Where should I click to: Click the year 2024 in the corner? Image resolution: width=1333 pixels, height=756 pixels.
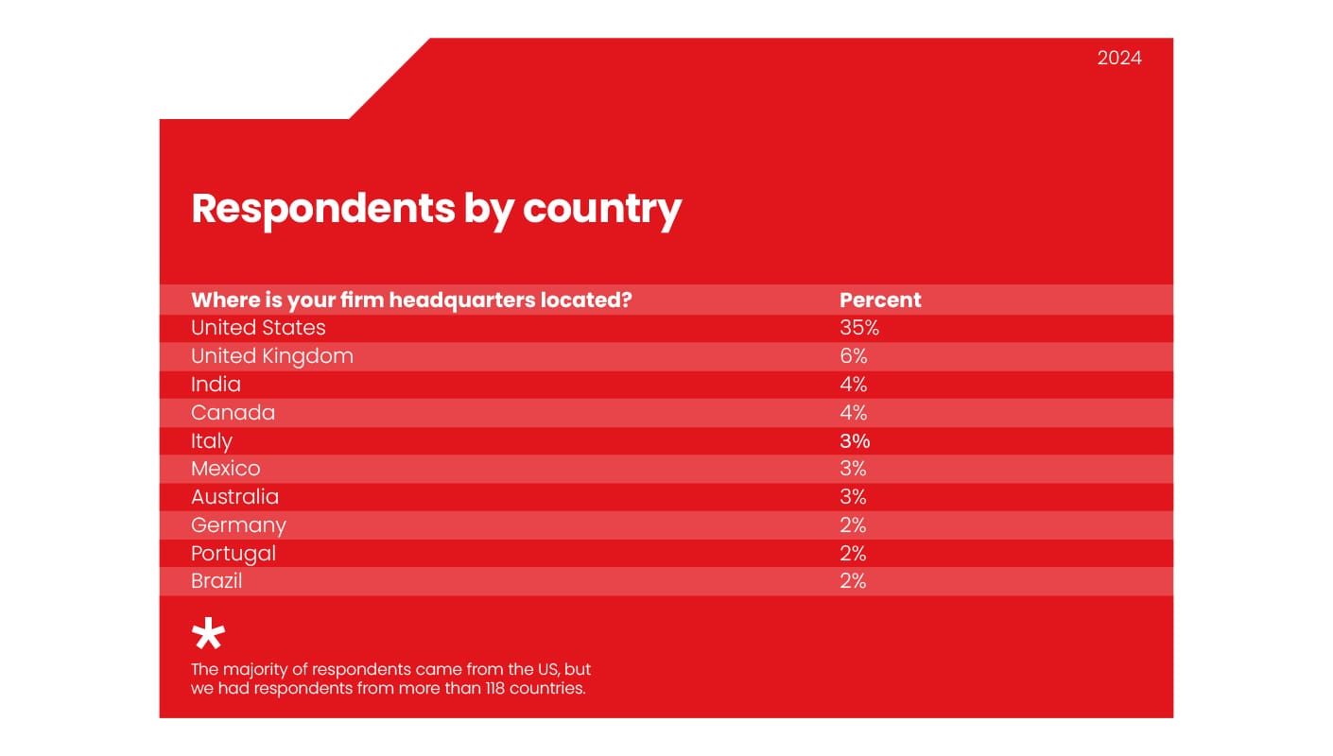point(1119,59)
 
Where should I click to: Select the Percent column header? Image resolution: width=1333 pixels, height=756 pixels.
point(880,301)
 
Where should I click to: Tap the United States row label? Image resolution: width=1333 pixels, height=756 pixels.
point(258,328)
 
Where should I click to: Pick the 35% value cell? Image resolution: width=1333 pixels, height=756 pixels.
point(859,328)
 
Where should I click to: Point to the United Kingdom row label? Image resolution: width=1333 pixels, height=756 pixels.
point(272,356)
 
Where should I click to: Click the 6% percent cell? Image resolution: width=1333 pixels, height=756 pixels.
point(854,356)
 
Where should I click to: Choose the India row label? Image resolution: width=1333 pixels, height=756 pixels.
point(216,385)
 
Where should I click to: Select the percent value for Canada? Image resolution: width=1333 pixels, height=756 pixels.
point(854,413)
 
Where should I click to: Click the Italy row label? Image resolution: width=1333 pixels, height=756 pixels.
point(211,441)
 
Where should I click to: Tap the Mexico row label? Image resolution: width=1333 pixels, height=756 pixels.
point(225,469)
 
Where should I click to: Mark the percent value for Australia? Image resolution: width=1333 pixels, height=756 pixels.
point(854,497)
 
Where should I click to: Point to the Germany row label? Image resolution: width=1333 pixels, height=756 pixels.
point(238,525)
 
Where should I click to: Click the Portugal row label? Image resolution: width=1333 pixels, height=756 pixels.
point(234,554)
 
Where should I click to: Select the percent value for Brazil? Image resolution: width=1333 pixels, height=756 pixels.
point(854,581)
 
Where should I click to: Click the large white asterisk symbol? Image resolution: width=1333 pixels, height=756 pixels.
point(208,635)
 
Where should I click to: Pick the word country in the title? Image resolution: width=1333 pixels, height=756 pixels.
point(601,208)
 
